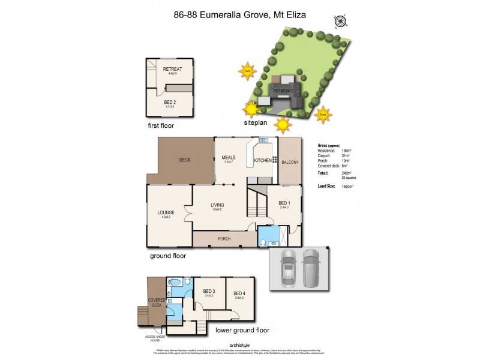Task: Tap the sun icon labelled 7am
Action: [247, 72]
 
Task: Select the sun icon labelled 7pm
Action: [322, 114]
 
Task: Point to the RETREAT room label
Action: [172, 69]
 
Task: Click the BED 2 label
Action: [170, 102]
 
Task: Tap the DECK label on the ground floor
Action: [185, 160]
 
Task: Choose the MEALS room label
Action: [227, 157]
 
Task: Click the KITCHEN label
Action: [263, 161]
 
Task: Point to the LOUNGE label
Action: [166, 212]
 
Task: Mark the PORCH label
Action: [224, 239]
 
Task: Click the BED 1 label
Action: [284, 203]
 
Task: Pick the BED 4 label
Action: [239, 293]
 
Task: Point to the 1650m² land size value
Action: [347, 187]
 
